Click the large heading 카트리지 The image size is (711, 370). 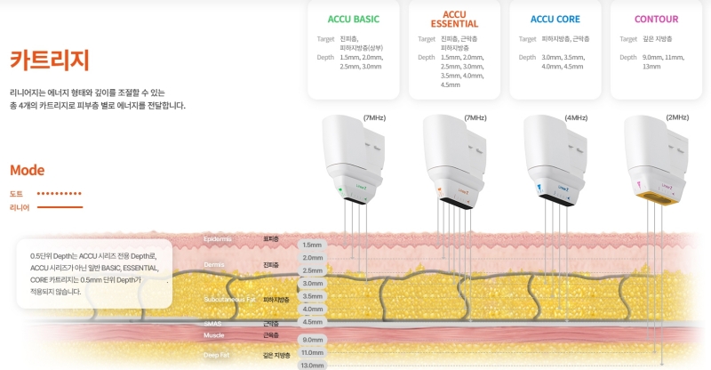pos(50,60)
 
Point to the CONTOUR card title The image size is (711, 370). pos(657,19)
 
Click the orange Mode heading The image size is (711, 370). pos(27,171)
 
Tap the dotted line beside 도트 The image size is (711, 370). pos(59,193)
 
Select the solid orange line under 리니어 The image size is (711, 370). pos(60,207)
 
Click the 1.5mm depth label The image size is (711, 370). pos(312,245)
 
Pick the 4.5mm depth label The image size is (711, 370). pos(312,322)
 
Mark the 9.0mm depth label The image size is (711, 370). pos(312,340)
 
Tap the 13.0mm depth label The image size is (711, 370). pos(312,365)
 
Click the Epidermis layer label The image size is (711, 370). pos(218,239)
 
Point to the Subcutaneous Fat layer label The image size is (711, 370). pos(229,300)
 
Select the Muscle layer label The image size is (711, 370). pos(214,335)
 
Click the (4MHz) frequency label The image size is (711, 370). pos(575,117)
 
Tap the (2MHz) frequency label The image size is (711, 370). pos(677,117)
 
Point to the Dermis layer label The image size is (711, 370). pos(214,264)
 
